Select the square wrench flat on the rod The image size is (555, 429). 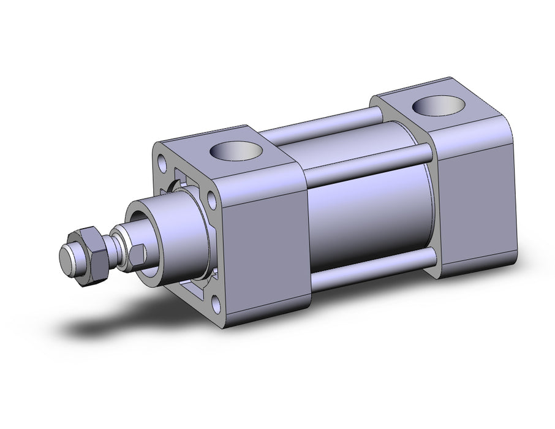tap(138, 254)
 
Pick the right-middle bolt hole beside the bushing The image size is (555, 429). tap(211, 201)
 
